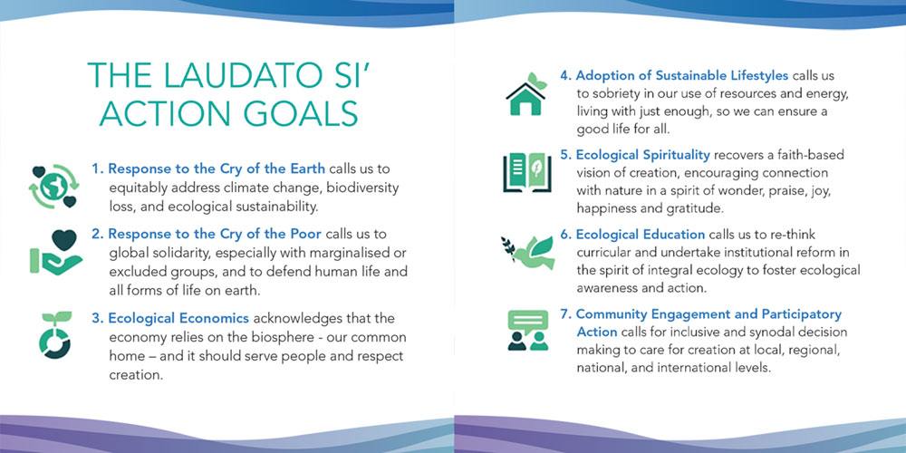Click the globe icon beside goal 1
click(54, 186)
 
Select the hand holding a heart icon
click(56, 252)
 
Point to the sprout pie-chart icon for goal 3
click(55, 335)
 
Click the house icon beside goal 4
click(526, 94)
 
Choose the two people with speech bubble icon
click(527, 331)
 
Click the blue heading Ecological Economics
click(178, 318)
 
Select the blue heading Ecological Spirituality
click(642, 155)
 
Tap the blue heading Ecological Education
click(641, 235)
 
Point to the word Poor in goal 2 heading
click(307, 234)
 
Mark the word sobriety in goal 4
click(612, 93)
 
